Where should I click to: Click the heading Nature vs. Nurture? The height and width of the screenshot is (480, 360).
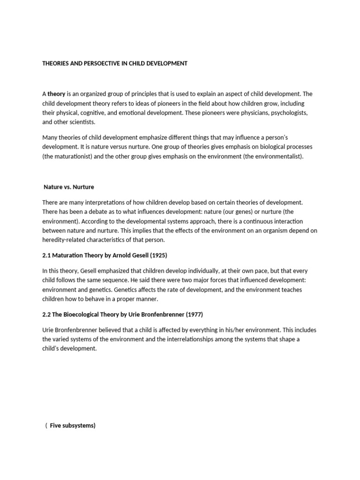click(69, 187)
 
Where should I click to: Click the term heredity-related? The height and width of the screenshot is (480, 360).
click(66, 240)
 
